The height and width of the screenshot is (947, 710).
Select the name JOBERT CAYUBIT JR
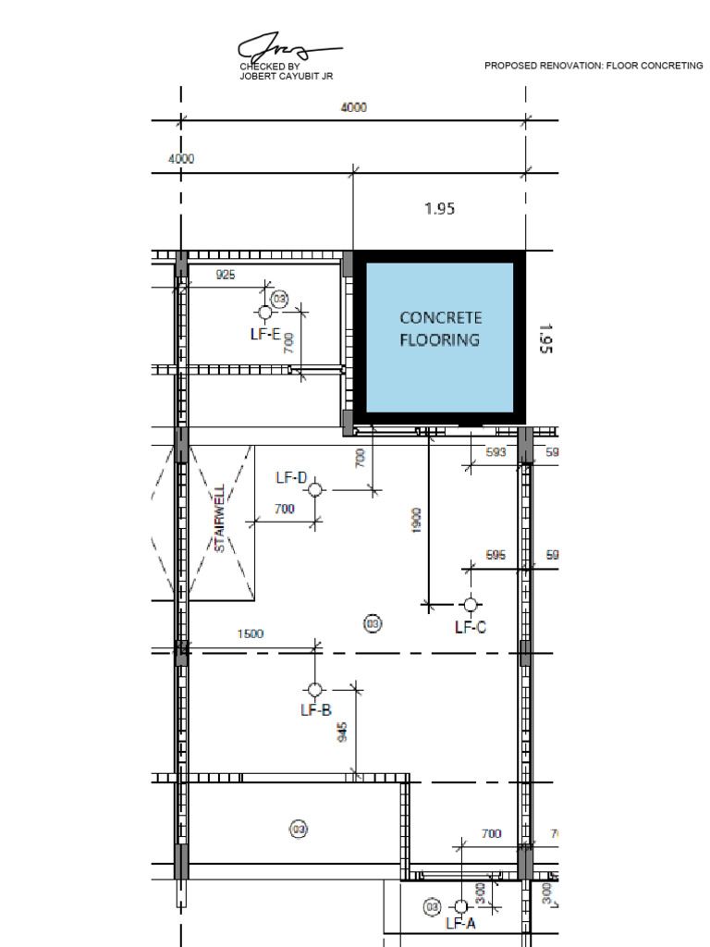(x=286, y=77)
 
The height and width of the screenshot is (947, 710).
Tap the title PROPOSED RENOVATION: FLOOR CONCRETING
(x=594, y=66)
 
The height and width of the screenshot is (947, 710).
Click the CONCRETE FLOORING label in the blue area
(x=440, y=329)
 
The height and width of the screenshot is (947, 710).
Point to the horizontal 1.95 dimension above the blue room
(x=439, y=209)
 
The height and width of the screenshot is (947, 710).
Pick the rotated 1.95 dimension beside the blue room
(x=545, y=338)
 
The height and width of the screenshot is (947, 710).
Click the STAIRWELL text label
(x=220, y=519)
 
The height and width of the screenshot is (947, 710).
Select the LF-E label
(x=264, y=334)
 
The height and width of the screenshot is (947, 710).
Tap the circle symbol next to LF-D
(x=315, y=488)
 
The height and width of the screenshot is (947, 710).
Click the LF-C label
(x=471, y=627)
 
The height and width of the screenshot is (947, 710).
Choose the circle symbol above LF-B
(x=315, y=690)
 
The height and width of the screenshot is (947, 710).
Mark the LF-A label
(x=460, y=923)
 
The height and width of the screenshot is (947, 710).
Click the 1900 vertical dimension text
(x=417, y=520)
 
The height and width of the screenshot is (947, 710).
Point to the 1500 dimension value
(x=251, y=634)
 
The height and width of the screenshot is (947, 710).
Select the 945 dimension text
(x=342, y=732)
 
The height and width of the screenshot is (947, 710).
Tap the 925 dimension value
(x=225, y=275)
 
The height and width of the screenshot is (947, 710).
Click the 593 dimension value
(x=496, y=452)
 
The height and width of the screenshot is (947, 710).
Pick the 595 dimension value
(x=496, y=555)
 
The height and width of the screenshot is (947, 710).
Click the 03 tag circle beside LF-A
(x=432, y=907)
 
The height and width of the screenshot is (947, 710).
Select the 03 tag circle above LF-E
(x=279, y=299)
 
